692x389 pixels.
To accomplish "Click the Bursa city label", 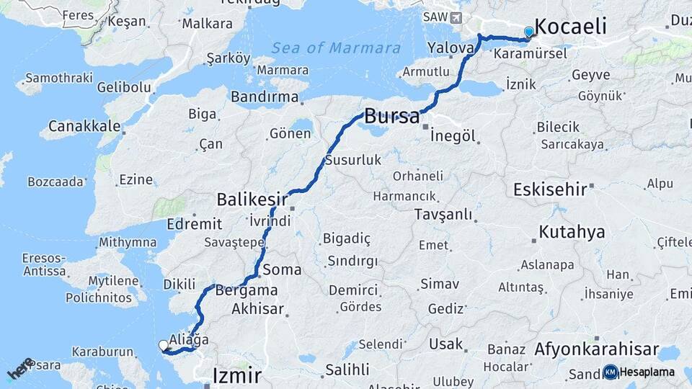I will coord(391,115).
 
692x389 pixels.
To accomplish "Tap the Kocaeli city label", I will coord(571,27).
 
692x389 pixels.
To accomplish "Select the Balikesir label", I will coord(252,198).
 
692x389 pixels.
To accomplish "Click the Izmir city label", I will coord(237,374).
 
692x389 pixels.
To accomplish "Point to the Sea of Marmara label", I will coord(336,48).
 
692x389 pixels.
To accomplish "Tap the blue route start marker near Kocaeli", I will coord(529,32).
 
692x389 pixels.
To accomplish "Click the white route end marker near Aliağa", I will coord(163,346).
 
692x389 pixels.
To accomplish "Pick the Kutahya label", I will coord(572,232).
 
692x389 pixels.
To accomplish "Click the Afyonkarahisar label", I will coord(596,349).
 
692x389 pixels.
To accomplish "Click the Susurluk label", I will coord(352,160).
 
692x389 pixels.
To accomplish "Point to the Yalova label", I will coord(451,48).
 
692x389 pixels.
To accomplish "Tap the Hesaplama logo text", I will coord(647,372).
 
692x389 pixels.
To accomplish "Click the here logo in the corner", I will coord(20,368).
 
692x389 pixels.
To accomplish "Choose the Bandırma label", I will coord(265,96).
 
